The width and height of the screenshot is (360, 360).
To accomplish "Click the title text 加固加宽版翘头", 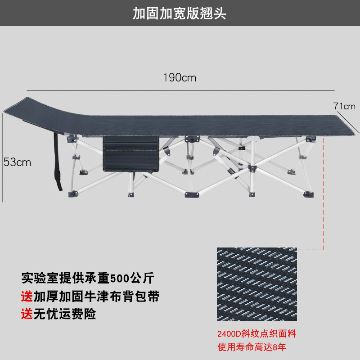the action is (180, 13).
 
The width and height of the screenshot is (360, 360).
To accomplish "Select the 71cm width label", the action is (344, 107).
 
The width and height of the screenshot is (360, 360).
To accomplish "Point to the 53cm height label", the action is (18, 162).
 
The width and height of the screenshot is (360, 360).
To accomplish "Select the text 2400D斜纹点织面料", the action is (257, 334).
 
